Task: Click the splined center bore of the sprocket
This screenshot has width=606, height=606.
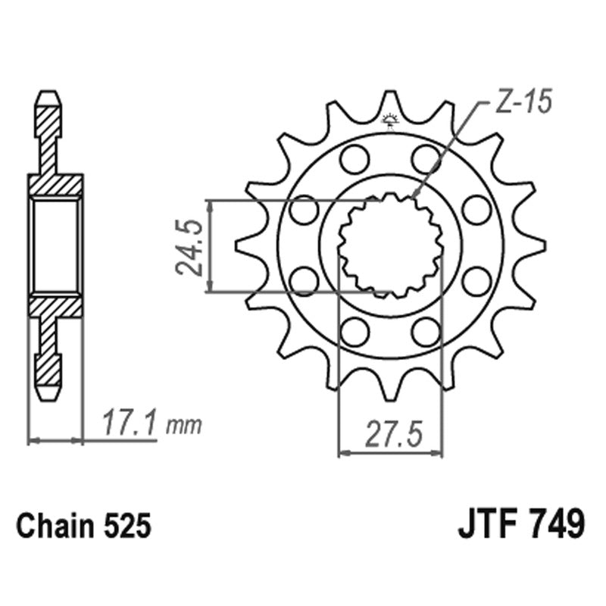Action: click(390, 245)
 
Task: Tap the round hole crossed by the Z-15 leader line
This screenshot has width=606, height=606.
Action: click(426, 159)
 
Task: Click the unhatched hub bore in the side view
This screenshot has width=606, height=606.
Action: click(55, 245)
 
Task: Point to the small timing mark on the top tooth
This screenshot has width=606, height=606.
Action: click(390, 120)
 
